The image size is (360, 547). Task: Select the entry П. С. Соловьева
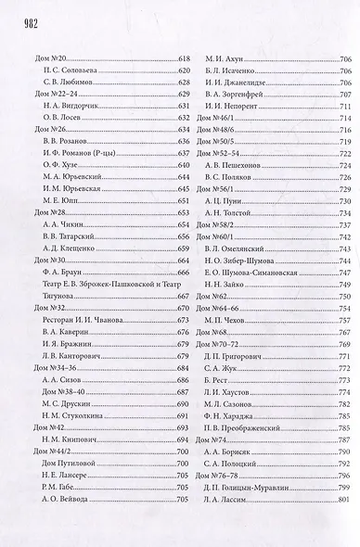64,70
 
